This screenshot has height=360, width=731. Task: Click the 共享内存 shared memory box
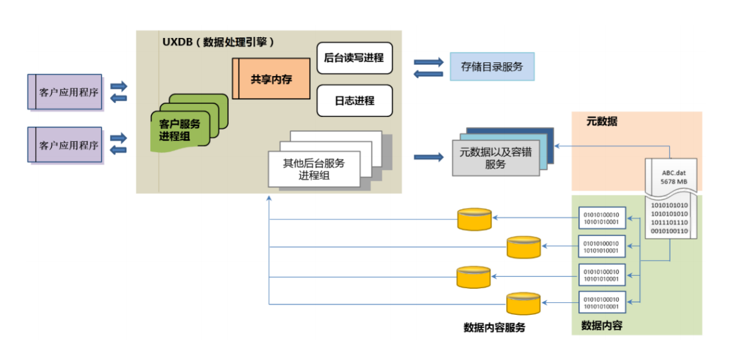272,78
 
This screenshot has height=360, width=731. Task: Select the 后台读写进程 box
354,58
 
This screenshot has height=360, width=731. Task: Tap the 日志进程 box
354,100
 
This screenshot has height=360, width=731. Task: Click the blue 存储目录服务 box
492,67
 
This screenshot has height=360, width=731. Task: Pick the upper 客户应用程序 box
65,92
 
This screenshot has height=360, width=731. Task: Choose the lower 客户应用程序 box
65,144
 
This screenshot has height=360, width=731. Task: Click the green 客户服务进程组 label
179,130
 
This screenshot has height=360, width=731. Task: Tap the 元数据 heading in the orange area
601,122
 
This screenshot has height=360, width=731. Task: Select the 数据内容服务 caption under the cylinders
494,327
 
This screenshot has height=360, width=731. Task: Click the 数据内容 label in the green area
601,326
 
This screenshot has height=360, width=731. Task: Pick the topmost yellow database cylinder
474,219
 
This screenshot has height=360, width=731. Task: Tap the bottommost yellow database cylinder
524,304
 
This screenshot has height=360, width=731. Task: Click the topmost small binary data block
601,218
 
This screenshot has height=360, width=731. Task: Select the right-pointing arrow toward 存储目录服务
428,62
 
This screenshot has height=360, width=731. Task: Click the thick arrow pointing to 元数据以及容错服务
428,157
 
